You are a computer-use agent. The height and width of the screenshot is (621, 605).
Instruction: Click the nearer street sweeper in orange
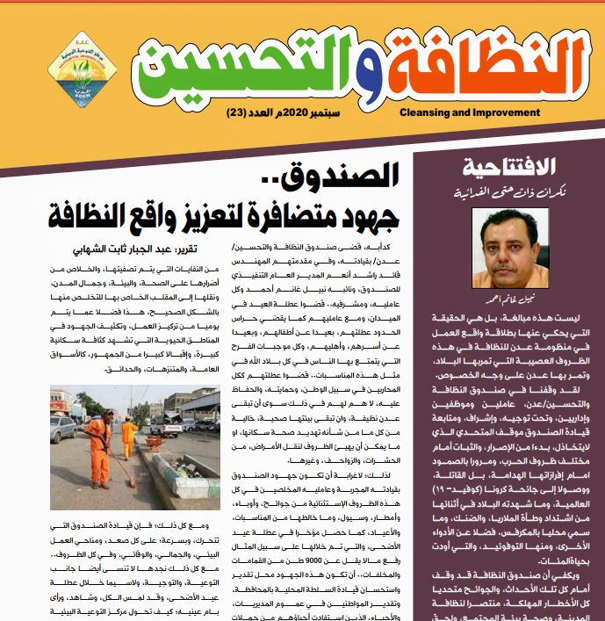point(97,451)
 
